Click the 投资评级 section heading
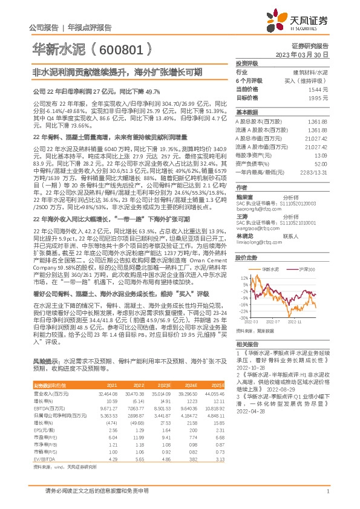tap(247, 63)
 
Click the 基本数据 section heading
tap(247, 112)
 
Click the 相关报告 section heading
tap(247, 343)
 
